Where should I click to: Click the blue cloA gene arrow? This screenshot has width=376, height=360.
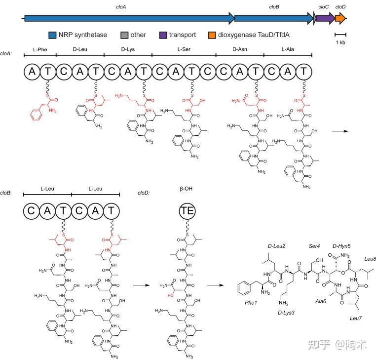point(128,18)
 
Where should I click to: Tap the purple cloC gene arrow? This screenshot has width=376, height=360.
point(324,18)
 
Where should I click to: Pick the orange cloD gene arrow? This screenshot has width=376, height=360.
point(340,18)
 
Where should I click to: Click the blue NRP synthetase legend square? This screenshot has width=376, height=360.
point(51,35)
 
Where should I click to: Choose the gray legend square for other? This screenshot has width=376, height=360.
point(124,35)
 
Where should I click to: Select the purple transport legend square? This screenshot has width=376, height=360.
point(162,35)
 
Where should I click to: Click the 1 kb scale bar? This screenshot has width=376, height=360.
point(340,35)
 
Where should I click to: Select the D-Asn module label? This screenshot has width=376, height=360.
point(240,49)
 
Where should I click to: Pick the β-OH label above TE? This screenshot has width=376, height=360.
point(187,188)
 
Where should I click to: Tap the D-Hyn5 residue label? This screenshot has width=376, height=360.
point(341,245)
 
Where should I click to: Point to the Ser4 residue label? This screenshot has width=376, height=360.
point(315,245)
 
